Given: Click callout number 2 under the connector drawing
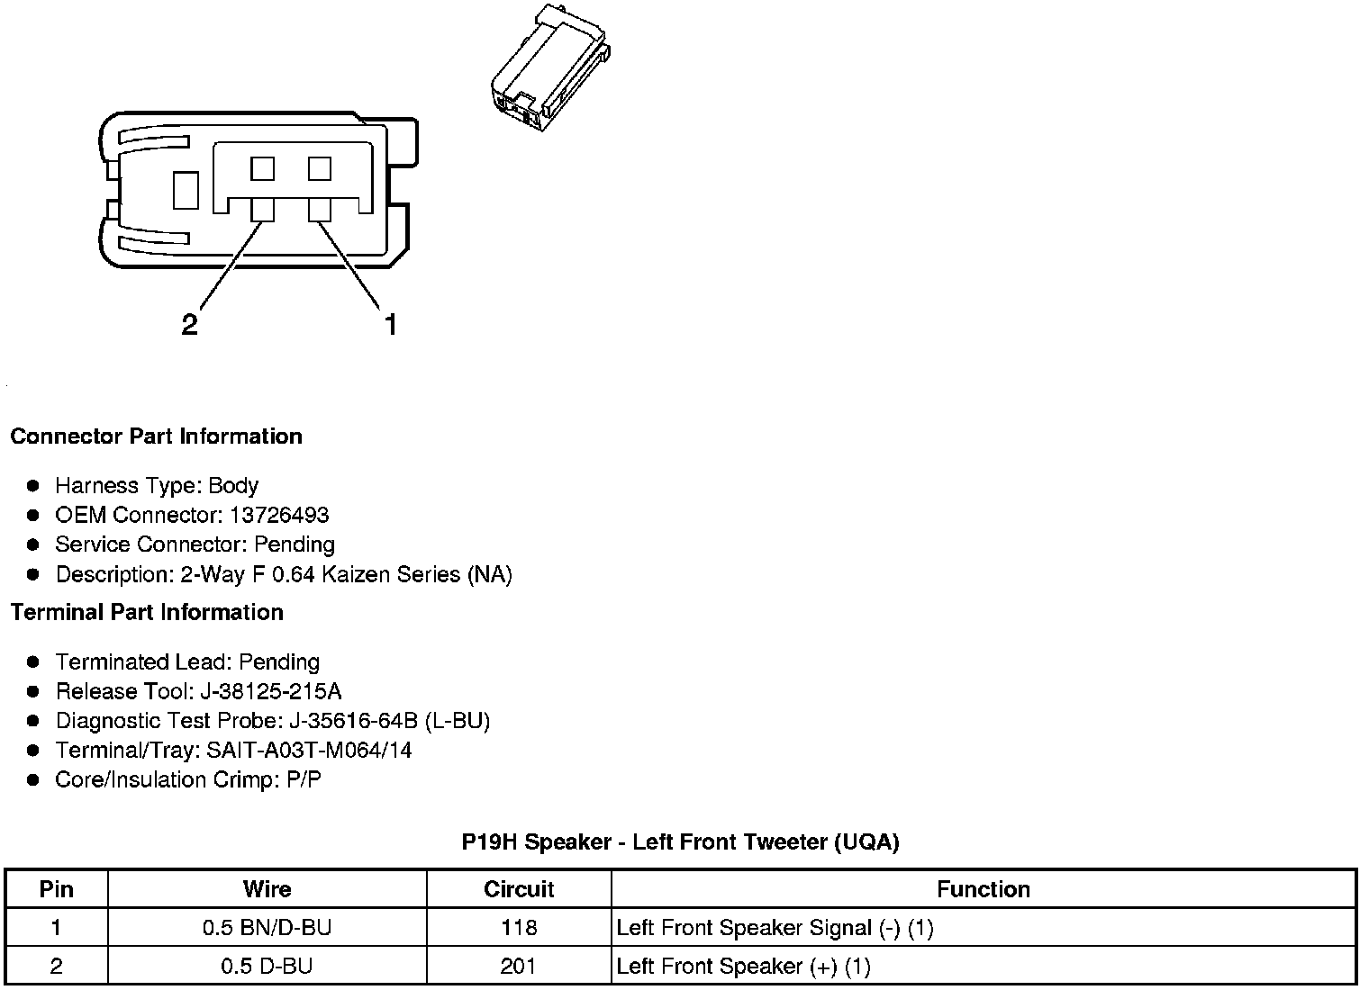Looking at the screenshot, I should (x=189, y=325).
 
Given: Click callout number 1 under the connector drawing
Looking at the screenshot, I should (x=390, y=324).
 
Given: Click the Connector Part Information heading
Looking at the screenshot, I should (x=156, y=436).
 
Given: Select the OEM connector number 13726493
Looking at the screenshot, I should (x=278, y=516).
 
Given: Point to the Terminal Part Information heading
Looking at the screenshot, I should (x=147, y=613).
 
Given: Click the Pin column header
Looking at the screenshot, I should (x=57, y=890).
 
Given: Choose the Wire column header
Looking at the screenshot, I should (x=267, y=890).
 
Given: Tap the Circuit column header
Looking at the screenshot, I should (x=519, y=890).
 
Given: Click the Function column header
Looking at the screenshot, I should (x=983, y=890).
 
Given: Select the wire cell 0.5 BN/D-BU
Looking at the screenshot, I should (x=267, y=928).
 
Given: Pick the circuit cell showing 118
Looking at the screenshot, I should (x=519, y=928).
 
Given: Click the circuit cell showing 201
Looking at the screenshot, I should (x=519, y=967).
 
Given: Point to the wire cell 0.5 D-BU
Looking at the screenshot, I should (x=267, y=967).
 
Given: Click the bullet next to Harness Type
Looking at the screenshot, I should (x=33, y=486).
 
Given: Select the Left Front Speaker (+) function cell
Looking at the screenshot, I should (x=743, y=967).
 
